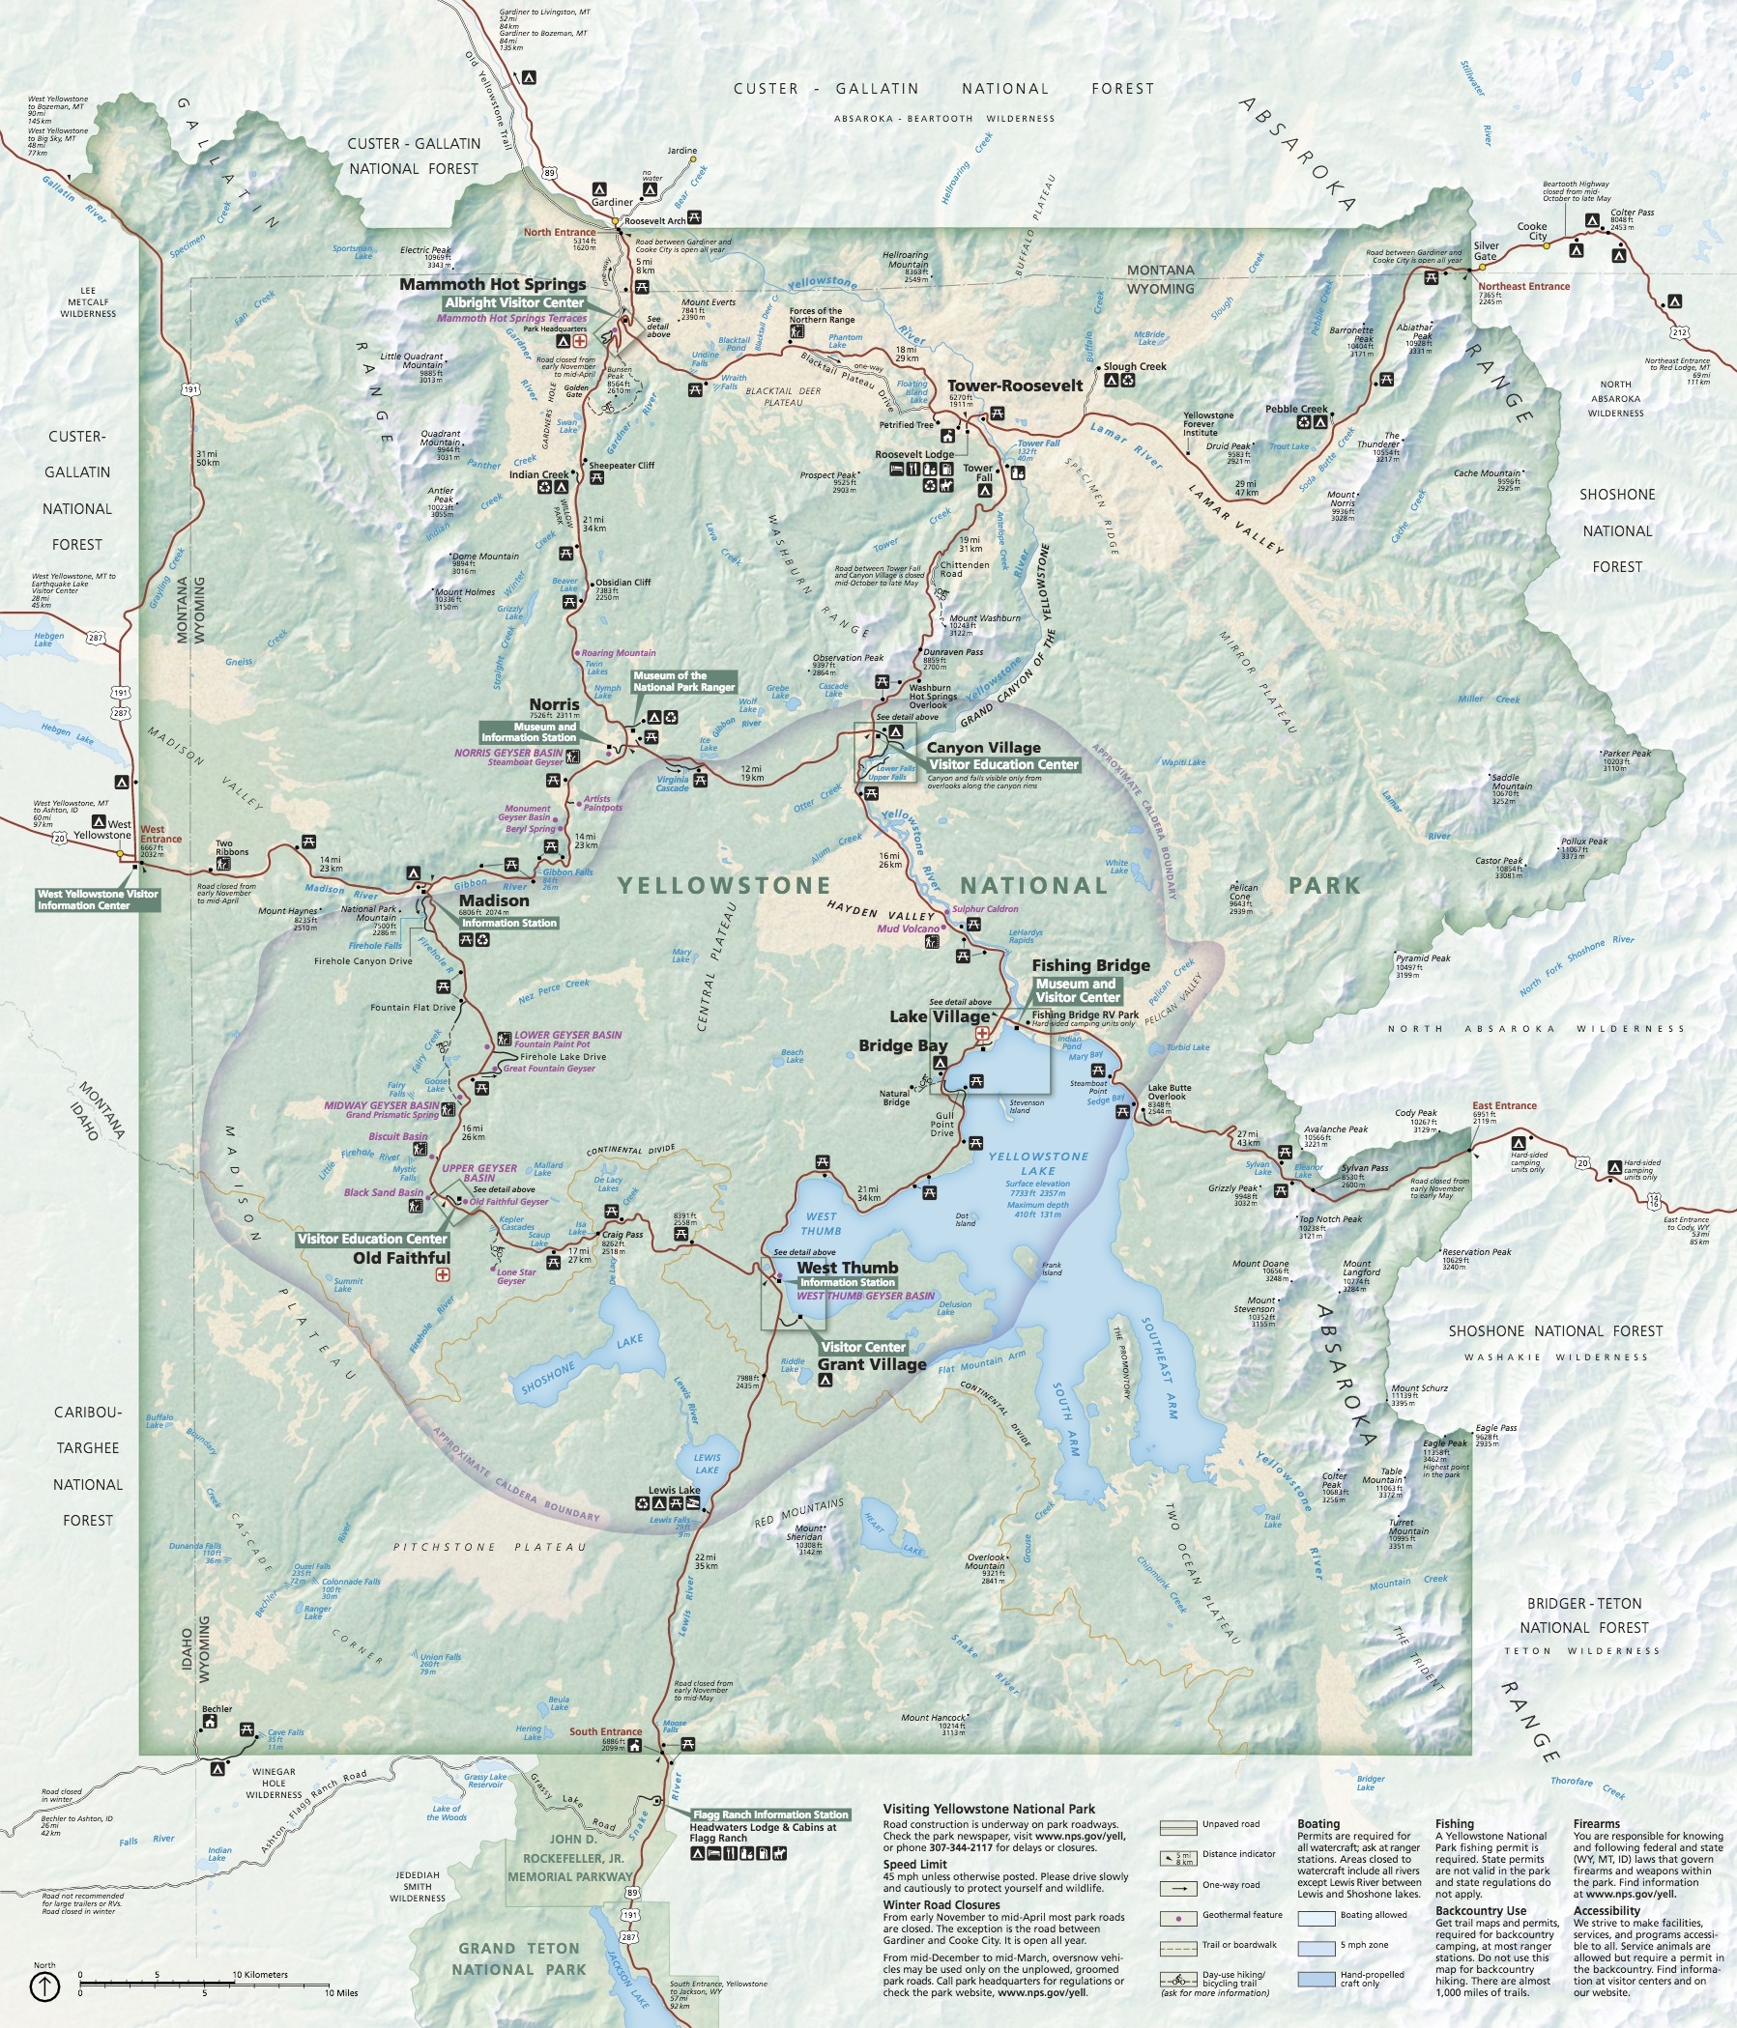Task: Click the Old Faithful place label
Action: click(401, 1258)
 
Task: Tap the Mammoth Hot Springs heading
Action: click(493, 285)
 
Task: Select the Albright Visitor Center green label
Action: click(514, 302)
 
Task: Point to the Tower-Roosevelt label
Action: click(1014, 386)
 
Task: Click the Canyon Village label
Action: click(983, 748)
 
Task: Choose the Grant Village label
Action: click(872, 1364)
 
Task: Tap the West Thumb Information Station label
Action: click(847, 1282)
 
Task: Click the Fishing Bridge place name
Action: click(1090, 965)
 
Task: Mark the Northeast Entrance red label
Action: click(1523, 287)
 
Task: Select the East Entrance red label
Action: click(1504, 1106)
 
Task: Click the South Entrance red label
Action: click(605, 1731)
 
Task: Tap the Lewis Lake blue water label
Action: click(707, 1463)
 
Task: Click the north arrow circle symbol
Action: click(45, 1985)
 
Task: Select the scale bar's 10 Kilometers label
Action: click(260, 1974)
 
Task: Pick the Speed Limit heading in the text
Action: click(914, 1865)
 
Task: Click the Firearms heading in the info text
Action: click(1596, 1823)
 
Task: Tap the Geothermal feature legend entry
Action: click(1241, 1914)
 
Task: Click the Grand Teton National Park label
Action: click(519, 1958)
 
